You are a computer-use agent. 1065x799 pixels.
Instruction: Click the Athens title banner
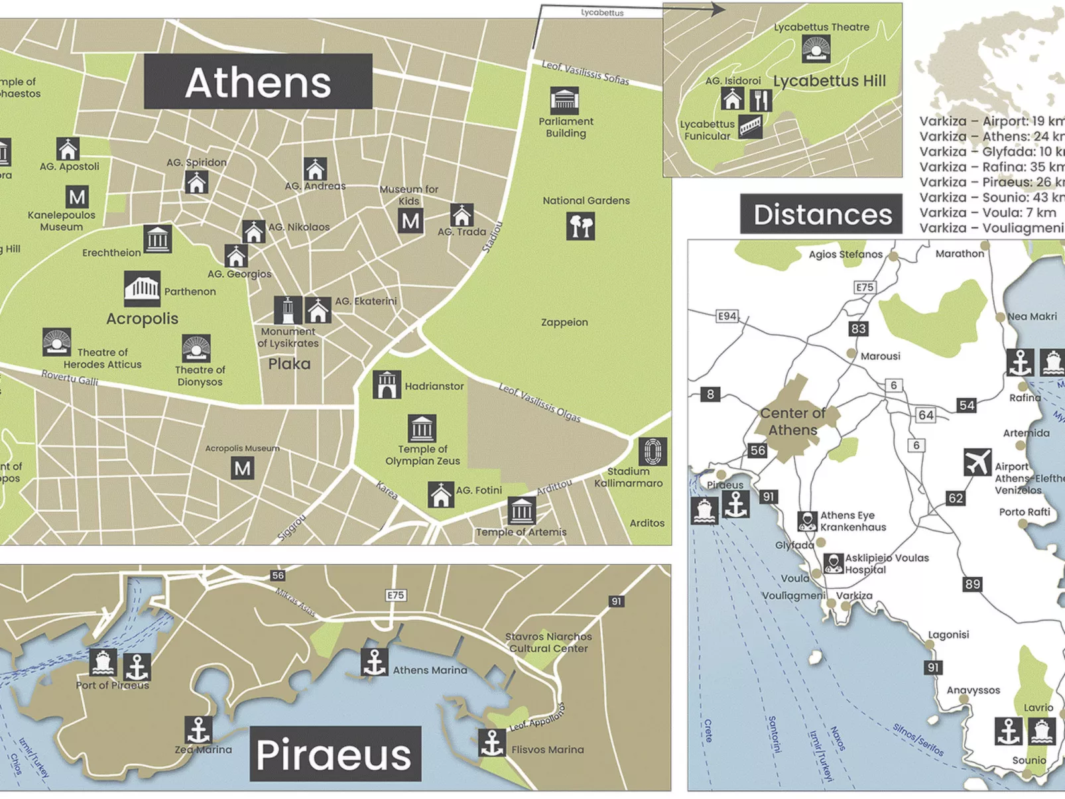pyautogui.click(x=258, y=82)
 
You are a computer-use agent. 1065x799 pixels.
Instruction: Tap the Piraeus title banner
pyautogui.click(x=335, y=754)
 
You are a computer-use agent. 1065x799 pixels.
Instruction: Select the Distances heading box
pyautogui.click(x=821, y=214)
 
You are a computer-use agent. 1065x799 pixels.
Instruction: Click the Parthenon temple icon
pyautogui.click(x=142, y=289)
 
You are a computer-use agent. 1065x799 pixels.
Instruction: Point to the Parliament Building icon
pyautogui.click(x=564, y=101)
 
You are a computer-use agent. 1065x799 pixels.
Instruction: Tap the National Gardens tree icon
pyautogui.click(x=581, y=226)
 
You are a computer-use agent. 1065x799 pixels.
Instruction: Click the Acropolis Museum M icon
pyautogui.click(x=243, y=469)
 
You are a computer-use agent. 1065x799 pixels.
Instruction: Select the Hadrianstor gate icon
pyautogui.click(x=387, y=385)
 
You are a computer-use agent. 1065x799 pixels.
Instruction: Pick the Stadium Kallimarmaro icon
pyautogui.click(x=653, y=452)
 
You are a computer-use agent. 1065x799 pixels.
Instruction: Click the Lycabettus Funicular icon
pyautogui.click(x=751, y=126)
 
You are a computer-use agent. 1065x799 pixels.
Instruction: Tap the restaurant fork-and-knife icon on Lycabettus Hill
pyautogui.click(x=761, y=100)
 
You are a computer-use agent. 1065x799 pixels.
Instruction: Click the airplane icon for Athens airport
pyautogui.click(x=977, y=462)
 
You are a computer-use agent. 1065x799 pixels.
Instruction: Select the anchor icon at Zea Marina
pyautogui.click(x=198, y=730)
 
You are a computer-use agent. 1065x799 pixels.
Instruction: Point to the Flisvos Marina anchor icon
pyautogui.click(x=492, y=743)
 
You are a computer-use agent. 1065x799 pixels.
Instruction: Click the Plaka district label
pyautogui.click(x=289, y=364)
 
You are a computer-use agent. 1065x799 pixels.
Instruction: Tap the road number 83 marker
pyautogui.click(x=858, y=329)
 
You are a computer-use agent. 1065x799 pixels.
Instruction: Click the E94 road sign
pyautogui.click(x=727, y=316)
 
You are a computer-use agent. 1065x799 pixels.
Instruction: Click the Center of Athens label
pyautogui.click(x=792, y=421)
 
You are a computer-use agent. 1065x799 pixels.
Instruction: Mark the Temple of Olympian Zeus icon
pyautogui.click(x=422, y=428)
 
